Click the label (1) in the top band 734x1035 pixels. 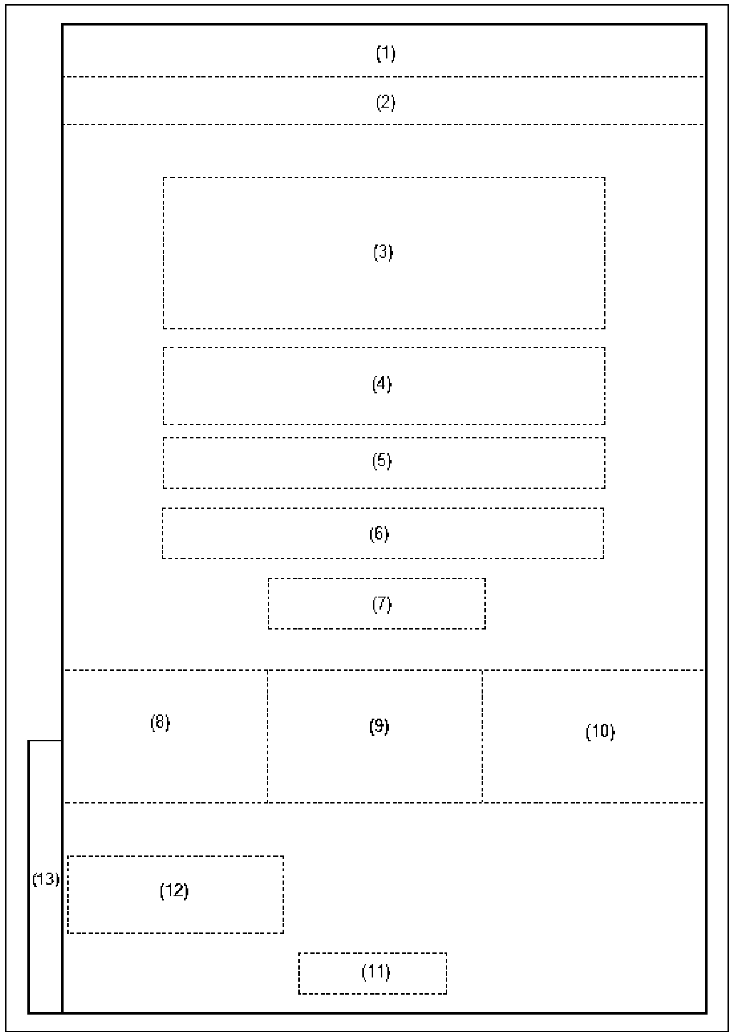[385, 54]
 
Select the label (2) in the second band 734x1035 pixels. [385, 102]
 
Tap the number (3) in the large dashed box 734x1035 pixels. [383, 252]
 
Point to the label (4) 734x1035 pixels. [382, 384]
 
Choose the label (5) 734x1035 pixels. [382, 461]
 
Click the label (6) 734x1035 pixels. [379, 534]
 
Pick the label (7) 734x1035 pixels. [382, 604]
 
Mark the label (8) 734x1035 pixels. [160, 722]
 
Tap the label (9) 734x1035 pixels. [379, 726]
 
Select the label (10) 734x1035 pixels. [600, 731]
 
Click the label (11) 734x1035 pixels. [376, 971]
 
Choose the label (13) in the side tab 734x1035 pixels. [45, 879]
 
